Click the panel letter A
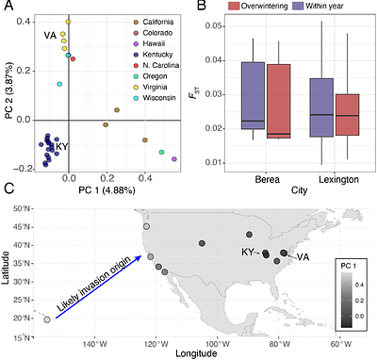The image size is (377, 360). [7, 8]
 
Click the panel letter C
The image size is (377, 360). [7, 189]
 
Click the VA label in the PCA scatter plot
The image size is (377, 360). [50, 35]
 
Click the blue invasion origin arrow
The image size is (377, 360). [99, 286]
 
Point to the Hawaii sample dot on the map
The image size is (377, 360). [47, 320]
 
